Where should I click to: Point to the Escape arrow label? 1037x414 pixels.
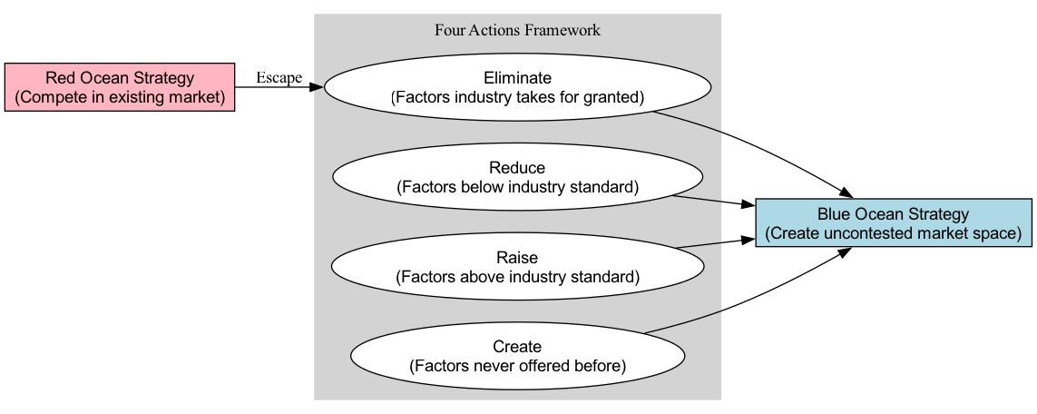(x=279, y=78)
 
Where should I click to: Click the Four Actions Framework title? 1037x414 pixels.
(x=517, y=30)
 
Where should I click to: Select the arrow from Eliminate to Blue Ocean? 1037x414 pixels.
(x=762, y=145)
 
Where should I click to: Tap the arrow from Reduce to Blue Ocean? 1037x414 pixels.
(x=712, y=201)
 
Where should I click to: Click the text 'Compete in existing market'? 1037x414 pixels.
(x=120, y=97)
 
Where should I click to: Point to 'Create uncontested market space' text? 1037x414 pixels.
(x=893, y=233)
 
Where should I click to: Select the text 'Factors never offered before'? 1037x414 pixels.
(x=517, y=367)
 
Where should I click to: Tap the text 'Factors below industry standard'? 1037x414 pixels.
(x=517, y=187)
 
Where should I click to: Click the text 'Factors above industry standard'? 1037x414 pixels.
(x=517, y=276)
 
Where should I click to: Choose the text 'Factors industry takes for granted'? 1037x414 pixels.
(x=517, y=98)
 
